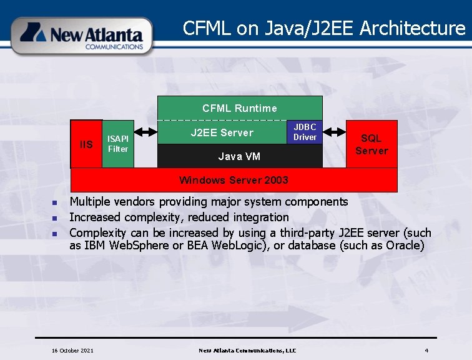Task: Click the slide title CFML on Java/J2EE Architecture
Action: (x=324, y=28)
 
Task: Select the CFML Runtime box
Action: (x=240, y=108)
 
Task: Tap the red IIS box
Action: (x=86, y=144)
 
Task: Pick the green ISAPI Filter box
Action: (x=118, y=144)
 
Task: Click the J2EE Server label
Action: (x=222, y=132)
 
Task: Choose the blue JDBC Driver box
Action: (x=305, y=132)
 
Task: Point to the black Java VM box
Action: (x=239, y=156)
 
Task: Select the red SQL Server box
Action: (x=371, y=144)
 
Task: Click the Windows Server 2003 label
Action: (x=234, y=180)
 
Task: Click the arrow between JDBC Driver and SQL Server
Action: (x=334, y=132)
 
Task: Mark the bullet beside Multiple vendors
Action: (x=55, y=202)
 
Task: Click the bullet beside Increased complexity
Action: (x=55, y=218)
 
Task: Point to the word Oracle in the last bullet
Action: (x=405, y=246)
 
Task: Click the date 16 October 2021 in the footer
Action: (x=72, y=351)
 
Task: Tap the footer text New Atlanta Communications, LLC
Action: (x=247, y=351)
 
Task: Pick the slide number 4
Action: (x=426, y=351)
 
